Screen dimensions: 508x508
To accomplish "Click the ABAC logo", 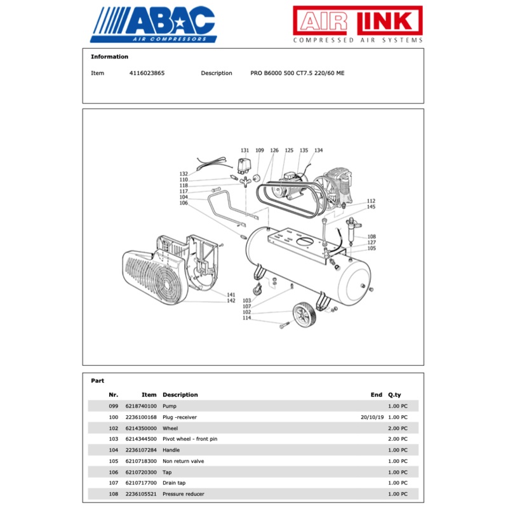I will tap(152, 25).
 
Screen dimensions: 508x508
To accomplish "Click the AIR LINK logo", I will tap(358, 25).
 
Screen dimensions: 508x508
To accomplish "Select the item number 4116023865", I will tap(147, 73).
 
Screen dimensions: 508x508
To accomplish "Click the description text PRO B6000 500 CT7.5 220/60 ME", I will tap(298, 73).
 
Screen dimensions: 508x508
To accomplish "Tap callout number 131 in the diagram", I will tap(244, 150).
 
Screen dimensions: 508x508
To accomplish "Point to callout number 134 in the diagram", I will tap(318, 150).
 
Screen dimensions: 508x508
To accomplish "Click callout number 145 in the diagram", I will tap(371, 207).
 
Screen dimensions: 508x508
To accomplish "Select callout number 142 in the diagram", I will tap(231, 301).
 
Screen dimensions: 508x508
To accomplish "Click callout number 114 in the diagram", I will tap(247, 318).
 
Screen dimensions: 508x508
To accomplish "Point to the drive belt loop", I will tap(292, 198).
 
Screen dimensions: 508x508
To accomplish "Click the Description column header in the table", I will tap(180, 395).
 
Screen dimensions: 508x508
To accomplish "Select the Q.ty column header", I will tap(394, 395).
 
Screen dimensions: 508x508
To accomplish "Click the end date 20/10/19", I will tap(371, 417).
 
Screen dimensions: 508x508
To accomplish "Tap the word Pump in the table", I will tap(170, 406).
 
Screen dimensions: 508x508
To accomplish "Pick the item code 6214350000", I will tap(140, 428).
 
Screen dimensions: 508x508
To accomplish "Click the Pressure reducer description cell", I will tap(183, 493).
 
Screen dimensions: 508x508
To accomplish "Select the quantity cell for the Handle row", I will tap(398, 450).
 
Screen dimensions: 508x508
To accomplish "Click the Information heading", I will tap(109, 57).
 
